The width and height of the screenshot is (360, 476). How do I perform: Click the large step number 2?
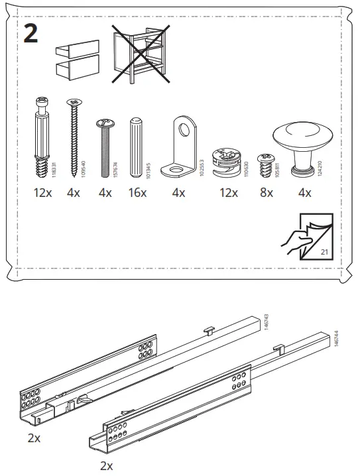point(30,33)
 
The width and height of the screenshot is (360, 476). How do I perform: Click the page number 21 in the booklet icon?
point(324,252)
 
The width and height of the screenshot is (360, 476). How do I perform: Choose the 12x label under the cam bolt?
point(42,194)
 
